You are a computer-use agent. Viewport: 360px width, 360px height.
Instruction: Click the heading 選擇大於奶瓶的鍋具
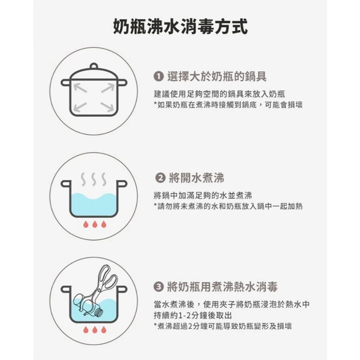(x=216, y=76)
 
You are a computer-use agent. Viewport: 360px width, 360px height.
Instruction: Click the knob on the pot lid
(x=94, y=66)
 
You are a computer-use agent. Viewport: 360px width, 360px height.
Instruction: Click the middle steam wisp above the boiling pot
(x=94, y=179)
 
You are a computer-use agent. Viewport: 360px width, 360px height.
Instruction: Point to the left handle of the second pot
(x=65, y=184)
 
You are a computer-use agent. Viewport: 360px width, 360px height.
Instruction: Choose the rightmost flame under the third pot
(x=104, y=329)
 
